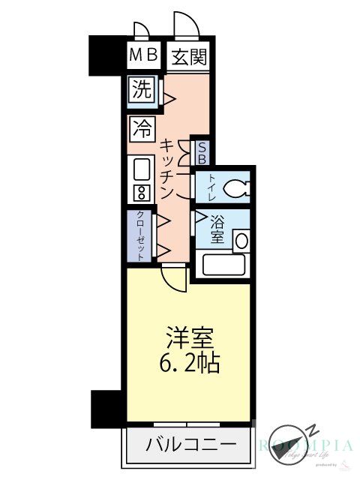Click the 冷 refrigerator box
(141, 127)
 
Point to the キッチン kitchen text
(169, 167)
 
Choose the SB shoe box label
(201, 152)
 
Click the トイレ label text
(211, 187)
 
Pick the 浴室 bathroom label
(217, 229)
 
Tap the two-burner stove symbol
(141, 191)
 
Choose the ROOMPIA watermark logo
(306, 445)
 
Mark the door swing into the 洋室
(174, 278)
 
